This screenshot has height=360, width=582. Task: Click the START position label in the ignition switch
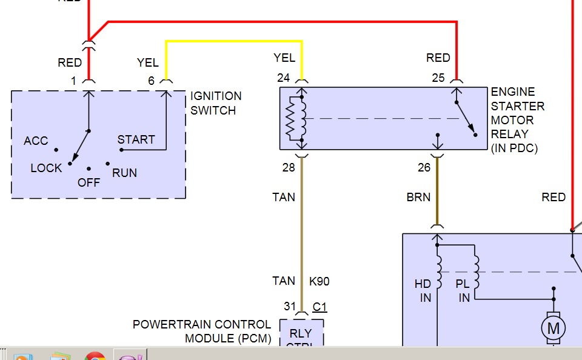click(136, 139)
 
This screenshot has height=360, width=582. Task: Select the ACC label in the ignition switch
click(36, 141)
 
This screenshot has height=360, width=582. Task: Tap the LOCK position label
click(46, 168)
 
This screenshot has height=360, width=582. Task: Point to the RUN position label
click(124, 173)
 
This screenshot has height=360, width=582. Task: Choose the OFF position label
click(89, 182)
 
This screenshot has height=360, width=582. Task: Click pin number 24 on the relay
click(284, 78)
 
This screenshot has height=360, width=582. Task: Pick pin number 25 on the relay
click(438, 78)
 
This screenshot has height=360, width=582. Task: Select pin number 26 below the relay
click(424, 167)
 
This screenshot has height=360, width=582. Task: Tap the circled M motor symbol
click(553, 328)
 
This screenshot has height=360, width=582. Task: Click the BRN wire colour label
click(418, 197)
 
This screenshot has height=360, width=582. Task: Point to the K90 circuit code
click(319, 281)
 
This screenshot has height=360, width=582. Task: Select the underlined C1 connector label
click(319, 307)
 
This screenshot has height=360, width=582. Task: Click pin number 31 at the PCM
click(290, 307)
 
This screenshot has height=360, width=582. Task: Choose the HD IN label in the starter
click(423, 290)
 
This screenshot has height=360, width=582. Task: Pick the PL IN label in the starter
click(463, 290)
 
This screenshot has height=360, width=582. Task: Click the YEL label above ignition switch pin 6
click(148, 62)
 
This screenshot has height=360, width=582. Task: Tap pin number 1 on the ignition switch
click(73, 81)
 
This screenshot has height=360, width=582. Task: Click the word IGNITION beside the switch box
click(216, 96)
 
